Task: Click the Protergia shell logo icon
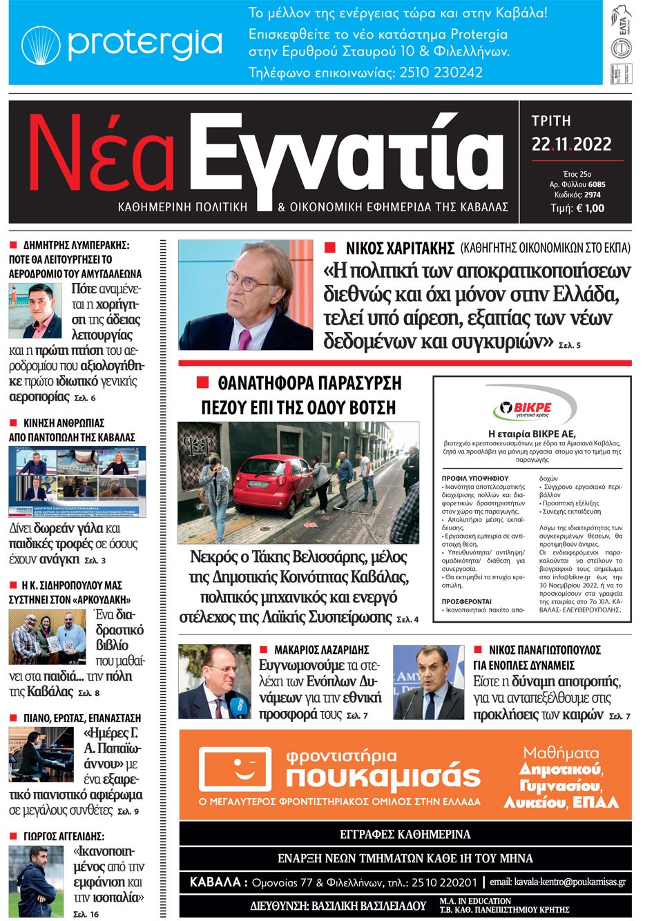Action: [x=41, y=46]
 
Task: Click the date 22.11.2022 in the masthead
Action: [x=571, y=144]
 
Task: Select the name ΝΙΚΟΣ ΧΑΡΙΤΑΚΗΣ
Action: [x=400, y=248]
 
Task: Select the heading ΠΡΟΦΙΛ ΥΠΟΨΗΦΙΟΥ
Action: [x=474, y=478]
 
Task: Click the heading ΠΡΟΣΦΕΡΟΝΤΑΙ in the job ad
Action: [x=467, y=601]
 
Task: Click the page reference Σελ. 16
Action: [x=86, y=914]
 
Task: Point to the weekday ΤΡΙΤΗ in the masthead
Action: [x=550, y=121]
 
